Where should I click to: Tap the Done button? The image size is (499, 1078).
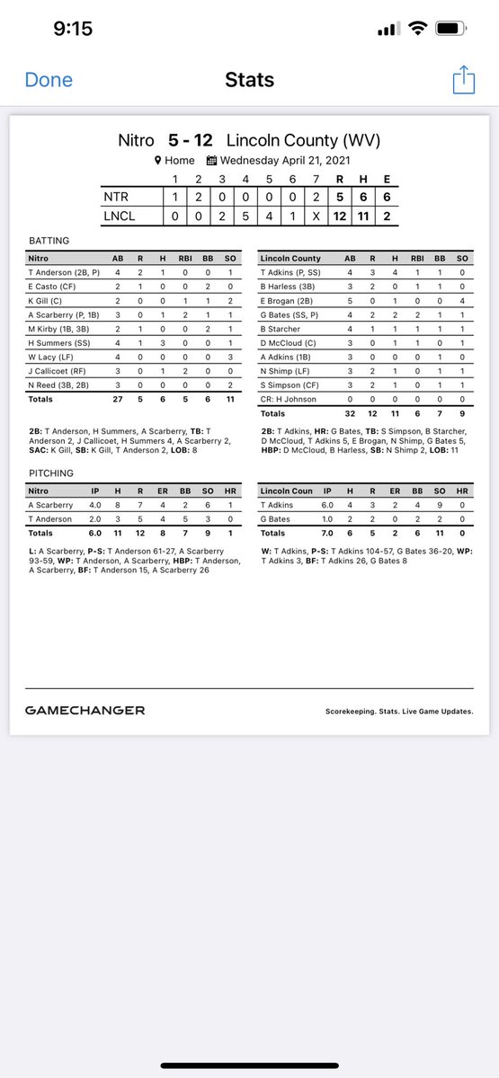[49, 80]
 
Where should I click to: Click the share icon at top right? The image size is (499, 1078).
[463, 80]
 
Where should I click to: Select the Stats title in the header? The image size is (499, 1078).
[249, 81]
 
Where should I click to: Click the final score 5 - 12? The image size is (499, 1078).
[192, 141]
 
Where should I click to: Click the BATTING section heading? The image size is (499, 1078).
[48, 241]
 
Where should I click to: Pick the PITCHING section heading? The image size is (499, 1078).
[49, 473]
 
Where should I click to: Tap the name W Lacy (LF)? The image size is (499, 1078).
[50, 357]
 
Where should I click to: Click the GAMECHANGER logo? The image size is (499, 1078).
[85, 710]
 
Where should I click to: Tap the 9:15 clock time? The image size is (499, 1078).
[73, 29]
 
